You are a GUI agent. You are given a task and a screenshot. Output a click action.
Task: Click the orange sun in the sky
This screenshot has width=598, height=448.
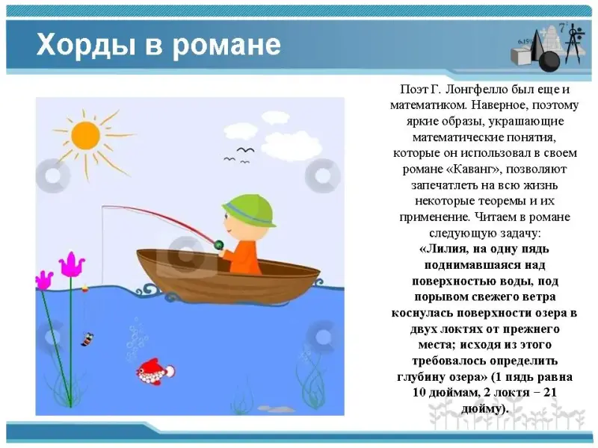click(x=85, y=136)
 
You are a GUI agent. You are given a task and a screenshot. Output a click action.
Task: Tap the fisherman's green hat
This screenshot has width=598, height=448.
click(x=250, y=211)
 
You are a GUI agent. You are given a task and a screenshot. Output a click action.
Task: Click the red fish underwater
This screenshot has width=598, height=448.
click(x=155, y=371)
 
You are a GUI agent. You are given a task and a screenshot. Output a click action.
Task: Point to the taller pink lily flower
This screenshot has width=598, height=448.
click(x=72, y=264)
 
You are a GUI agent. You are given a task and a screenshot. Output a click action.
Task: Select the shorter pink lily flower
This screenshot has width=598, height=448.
click(x=44, y=279)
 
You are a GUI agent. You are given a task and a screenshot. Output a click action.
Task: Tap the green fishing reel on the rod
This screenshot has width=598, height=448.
click(x=219, y=244)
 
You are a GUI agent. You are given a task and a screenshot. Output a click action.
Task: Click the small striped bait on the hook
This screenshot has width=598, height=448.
click(x=87, y=339)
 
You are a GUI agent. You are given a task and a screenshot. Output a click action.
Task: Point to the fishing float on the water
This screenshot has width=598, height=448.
click(x=84, y=288)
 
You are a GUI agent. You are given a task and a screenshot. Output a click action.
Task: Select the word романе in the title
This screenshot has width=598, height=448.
click(x=226, y=46)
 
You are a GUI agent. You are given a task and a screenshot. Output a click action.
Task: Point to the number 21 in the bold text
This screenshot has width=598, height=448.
click(x=550, y=393)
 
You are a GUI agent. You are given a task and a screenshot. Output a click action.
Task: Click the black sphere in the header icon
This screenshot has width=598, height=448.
click(x=549, y=61)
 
